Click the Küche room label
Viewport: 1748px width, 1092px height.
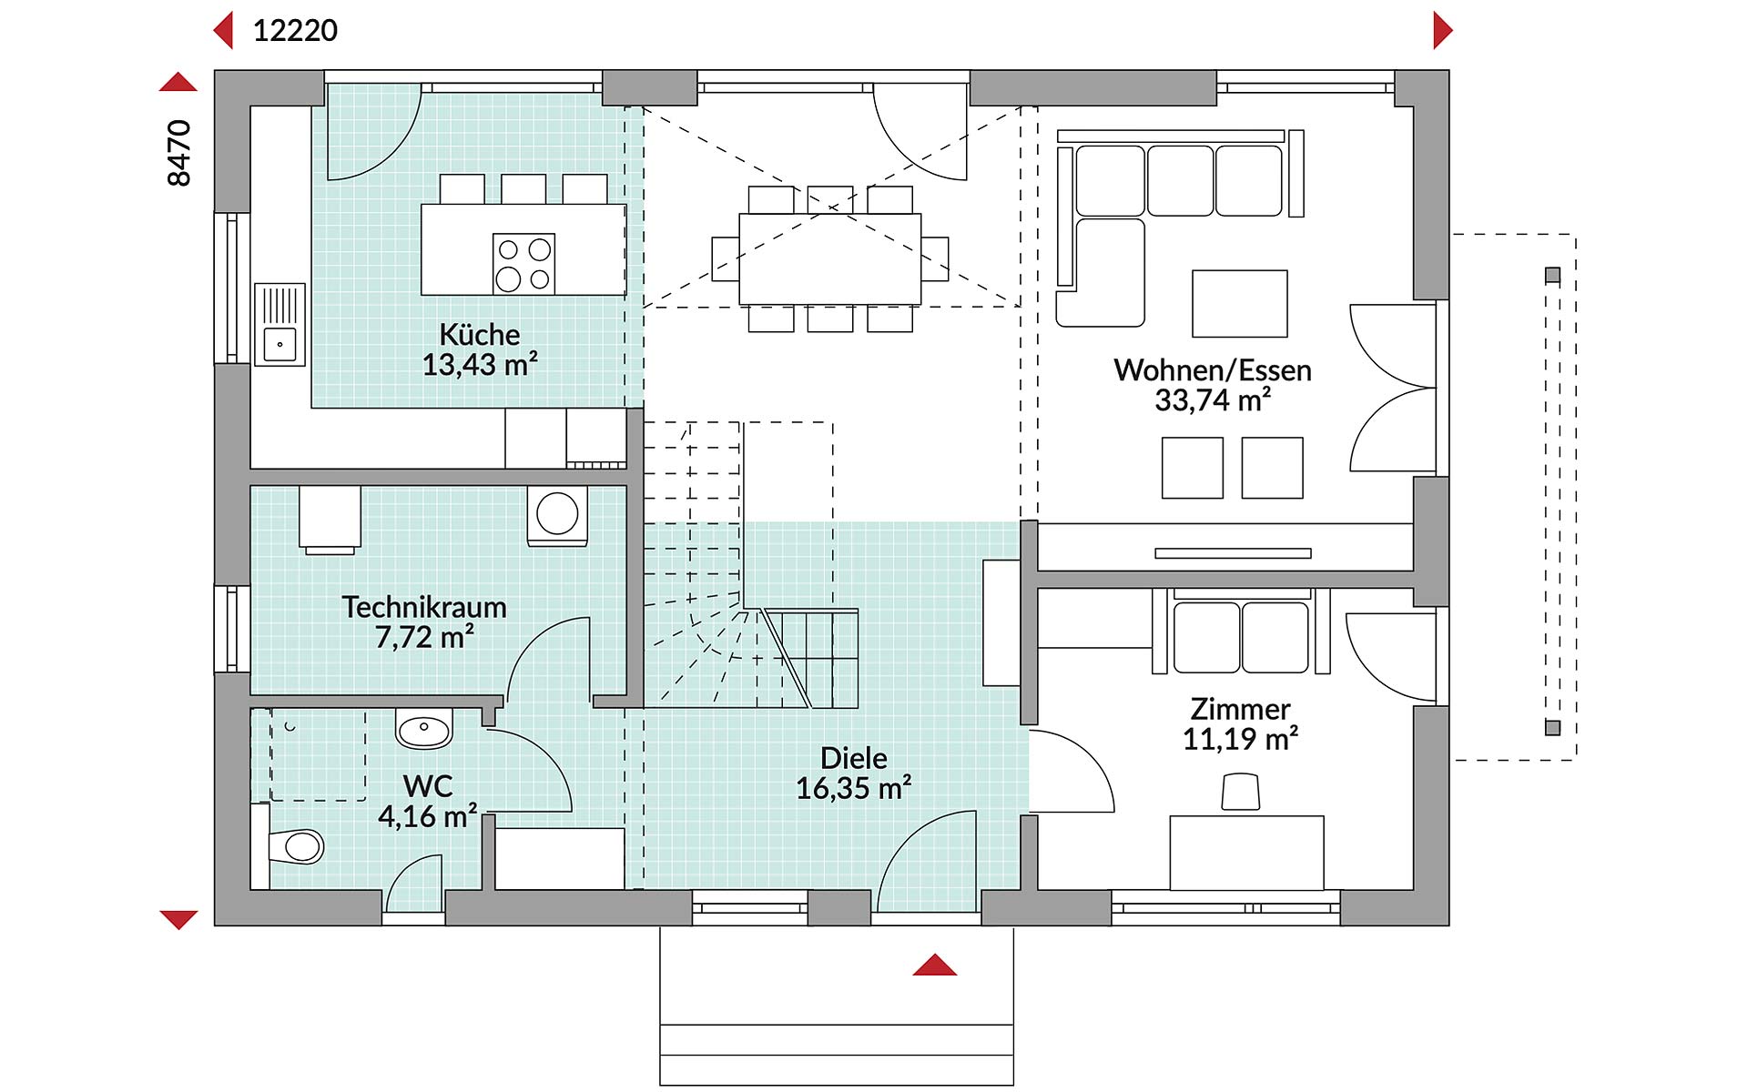[x=480, y=334]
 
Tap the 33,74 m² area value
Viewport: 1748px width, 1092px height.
[x=1212, y=400]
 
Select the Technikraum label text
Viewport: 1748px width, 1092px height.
[x=424, y=607]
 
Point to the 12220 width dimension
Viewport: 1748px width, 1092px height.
[x=295, y=31]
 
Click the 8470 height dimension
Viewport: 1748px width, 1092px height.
[x=179, y=153]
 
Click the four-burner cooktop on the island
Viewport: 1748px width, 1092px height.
[x=523, y=264]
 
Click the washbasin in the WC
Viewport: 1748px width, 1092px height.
[x=424, y=729]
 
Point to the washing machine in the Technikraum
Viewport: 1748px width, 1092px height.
[x=557, y=515]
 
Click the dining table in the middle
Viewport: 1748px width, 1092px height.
[x=829, y=258]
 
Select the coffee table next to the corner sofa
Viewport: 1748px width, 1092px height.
[x=1239, y=303]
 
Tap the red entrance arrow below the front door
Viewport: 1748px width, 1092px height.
[x=935, y=966]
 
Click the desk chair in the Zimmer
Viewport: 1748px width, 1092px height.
[x=1240, y=792]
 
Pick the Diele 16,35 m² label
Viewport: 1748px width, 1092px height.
[x=854, y=773]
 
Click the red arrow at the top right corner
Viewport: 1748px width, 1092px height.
[x=1442, y=30]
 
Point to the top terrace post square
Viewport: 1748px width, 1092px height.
[x=1553, y=275]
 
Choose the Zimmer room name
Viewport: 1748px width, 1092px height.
[x=1240, y=709]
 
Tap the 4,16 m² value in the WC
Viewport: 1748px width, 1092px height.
[x=427, y=816]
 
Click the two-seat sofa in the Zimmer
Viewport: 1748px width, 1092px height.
[x=1241, y=636]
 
